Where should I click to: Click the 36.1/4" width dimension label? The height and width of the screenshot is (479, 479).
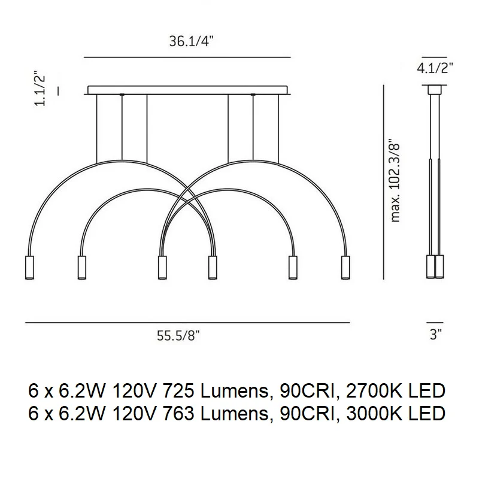tap(191, 41)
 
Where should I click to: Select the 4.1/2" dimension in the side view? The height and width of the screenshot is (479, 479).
tap(435, 68)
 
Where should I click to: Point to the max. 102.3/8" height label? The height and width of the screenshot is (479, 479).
tap(395, 181)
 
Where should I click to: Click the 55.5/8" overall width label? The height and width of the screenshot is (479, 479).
tap(178, 336)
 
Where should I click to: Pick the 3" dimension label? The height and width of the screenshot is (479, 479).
tap(436, 335)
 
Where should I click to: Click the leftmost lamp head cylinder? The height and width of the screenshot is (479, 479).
tap(29, 267)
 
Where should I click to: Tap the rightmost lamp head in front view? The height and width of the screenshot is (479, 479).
tap(345, 267)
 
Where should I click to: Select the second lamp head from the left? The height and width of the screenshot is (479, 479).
tap(81, 267)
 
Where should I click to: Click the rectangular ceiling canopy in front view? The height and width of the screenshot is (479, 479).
tap(187, 90)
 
